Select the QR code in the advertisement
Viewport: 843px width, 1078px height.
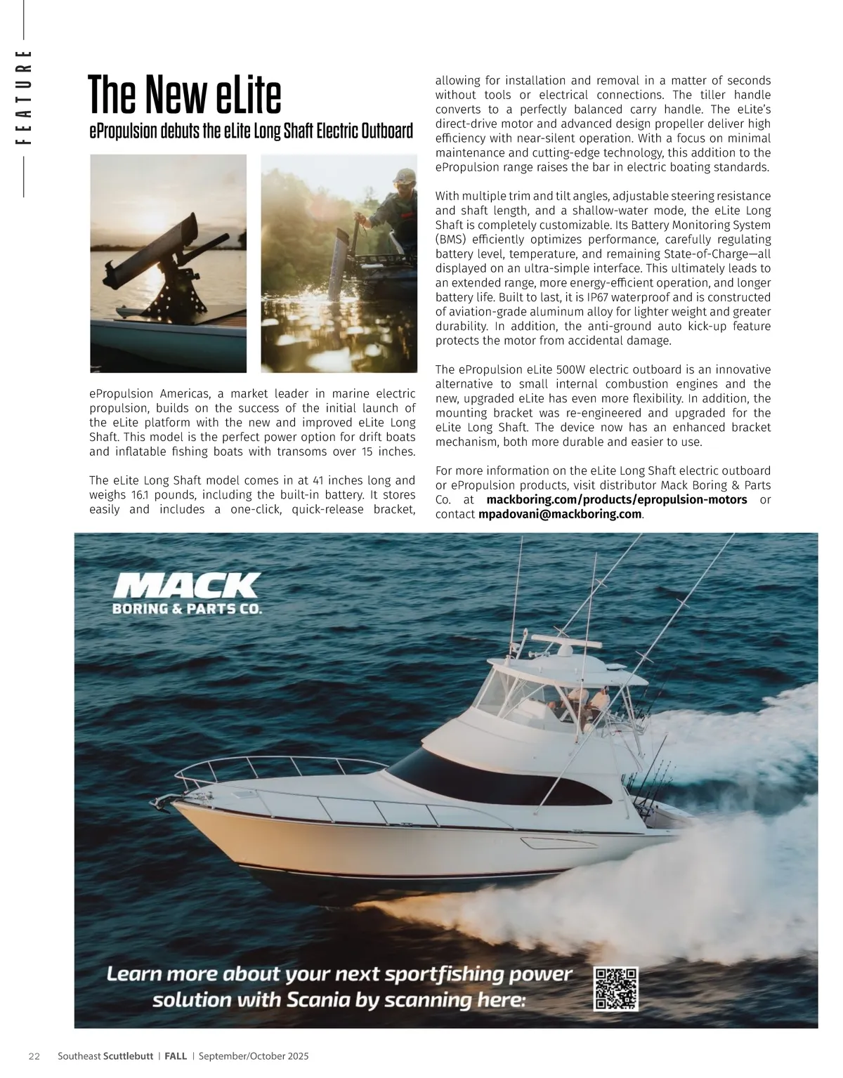(616, 989)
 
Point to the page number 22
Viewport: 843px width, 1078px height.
(34, 1056)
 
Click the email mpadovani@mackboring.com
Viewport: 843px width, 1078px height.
(560, 514)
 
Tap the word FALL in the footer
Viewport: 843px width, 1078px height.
(176, 1056)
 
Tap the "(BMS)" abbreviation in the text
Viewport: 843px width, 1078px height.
(449, 239)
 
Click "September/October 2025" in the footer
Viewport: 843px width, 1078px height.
(254, 1056)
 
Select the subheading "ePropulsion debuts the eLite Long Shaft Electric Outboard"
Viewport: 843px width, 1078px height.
(251, 131)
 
